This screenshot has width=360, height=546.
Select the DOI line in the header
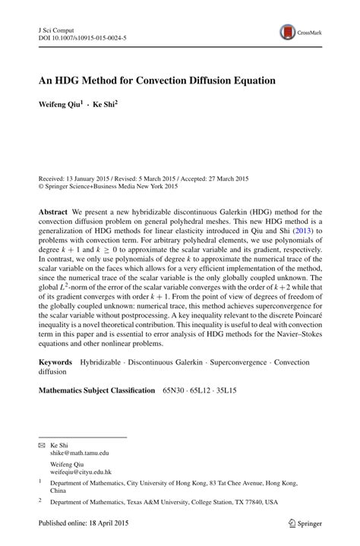pos(82,36)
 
